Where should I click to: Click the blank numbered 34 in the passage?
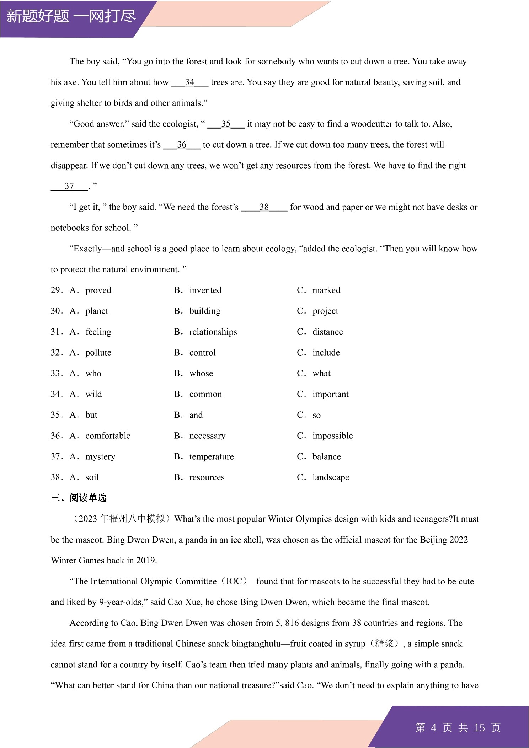click(x=189, y=82)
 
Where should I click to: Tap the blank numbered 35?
click(x=226, y=124)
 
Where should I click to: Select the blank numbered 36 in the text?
click(x=182, y=145)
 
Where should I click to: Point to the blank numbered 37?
click(x=69, y=186)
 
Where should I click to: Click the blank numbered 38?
click(x=264, y=207)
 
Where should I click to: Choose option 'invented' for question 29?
click(x=205, y=290)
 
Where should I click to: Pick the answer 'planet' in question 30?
click(x=97, y=311)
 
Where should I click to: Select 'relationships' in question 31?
click(x=213, y=332)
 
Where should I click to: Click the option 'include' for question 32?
click(x=326, y=353)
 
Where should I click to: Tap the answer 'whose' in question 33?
click(x=201, y=374)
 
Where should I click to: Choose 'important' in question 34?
click(x=330, y=394)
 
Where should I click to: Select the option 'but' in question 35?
click(x=91, y=415)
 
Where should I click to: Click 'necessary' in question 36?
click(x=207, y=436)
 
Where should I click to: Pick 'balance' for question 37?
click(x=326, y=457)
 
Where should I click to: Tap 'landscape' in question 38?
click(x=331, y=477)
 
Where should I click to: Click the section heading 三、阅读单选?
click(x=79, y=498)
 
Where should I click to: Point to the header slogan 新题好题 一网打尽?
click(x=71, y=16)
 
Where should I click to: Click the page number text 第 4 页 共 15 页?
click(x=458, y=728)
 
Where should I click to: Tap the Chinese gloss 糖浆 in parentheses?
click(x=384, y=644)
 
